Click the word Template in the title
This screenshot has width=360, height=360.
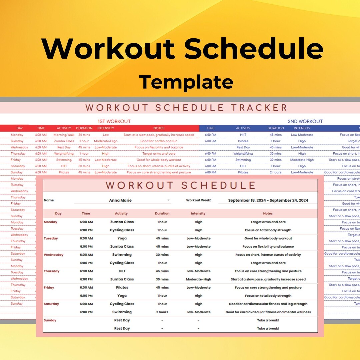186,82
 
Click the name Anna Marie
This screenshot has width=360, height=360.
120,200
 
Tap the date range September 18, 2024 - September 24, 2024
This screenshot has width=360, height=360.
268,200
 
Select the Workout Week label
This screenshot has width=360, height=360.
198,200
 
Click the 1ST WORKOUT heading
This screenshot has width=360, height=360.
114,121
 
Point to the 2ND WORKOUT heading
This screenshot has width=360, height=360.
305,121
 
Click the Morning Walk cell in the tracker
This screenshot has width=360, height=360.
64,135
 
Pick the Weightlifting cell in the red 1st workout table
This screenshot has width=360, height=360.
64,154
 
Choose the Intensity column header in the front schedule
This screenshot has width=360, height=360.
198,213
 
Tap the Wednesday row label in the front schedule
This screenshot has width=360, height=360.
53,255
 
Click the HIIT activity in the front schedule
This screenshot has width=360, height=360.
122,271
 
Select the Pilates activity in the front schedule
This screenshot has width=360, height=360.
122,287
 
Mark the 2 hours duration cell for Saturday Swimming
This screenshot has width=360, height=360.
162,312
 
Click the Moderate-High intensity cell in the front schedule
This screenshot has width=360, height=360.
198,279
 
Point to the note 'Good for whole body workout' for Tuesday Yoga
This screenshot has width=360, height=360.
268,238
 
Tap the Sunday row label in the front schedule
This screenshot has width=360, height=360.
50,320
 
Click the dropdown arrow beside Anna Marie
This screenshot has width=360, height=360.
169,200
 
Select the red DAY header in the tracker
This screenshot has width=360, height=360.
20,128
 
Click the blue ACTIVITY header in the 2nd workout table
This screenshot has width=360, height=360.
243,128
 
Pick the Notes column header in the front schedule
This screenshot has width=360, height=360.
268,213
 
